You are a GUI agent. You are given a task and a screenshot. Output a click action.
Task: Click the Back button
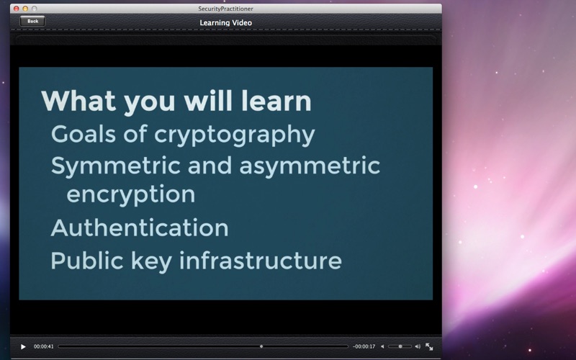tap(32, 21)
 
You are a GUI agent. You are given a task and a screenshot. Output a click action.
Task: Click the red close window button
tap(16, 9)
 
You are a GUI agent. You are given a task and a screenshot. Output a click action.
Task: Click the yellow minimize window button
tap(25, 9)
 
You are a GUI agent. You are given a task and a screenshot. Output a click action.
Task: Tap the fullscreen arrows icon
tap(429, 346)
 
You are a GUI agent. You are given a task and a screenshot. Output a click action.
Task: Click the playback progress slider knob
tap(261, 346)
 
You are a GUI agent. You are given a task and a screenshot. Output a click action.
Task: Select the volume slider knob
tap(400, 346)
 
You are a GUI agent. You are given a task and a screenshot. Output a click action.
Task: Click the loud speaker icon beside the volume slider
tap(418, 346)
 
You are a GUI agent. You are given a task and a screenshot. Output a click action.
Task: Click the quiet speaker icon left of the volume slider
tap(382, 346)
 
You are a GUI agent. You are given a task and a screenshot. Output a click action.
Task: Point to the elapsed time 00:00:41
tap(44, 346)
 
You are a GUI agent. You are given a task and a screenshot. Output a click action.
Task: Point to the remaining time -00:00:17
tap(364, 346)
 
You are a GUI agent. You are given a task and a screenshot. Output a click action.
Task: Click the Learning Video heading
tap(225, 23)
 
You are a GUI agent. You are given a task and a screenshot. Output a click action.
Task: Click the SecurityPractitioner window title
tap(225, 9)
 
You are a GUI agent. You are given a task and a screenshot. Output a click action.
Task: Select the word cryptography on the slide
tap(235, 135)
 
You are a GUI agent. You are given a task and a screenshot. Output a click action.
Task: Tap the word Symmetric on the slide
tap(115, 167)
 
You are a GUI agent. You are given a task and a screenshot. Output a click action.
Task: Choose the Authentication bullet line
tap(140, 228)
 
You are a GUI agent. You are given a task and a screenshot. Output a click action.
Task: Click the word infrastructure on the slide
tap(261, 261)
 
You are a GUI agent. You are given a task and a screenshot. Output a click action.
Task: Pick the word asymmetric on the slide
tap(310, 167)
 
